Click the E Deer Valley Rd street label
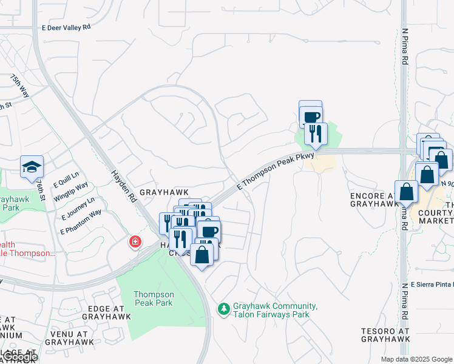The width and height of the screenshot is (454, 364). (66, 27)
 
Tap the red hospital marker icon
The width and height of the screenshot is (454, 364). (134, 242)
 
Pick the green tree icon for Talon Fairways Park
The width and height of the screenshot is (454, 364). (224, 309)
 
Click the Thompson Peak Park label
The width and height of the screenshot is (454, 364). (154, 298)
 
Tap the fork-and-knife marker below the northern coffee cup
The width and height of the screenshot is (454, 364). (316, 133)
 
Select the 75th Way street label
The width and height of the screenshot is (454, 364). (20, 86)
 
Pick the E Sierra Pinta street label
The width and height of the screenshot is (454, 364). (431, 284)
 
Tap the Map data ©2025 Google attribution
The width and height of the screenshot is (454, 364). (416, 359)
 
